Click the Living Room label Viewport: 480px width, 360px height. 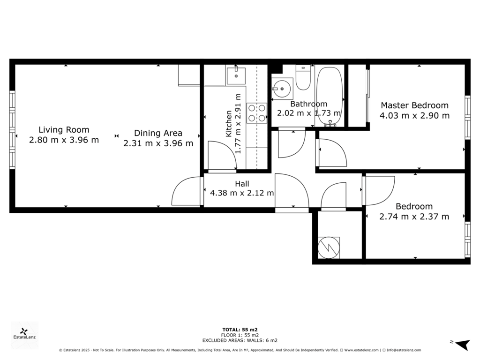pyautogui.click(x=64, y=130)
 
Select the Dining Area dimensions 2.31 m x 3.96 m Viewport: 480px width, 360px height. pyautogui.click(x=158, y=143)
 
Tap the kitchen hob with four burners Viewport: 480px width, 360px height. pyautogui.click(x=257, y=113)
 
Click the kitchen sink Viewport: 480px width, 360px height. pyautogui.click(x=236, y=75)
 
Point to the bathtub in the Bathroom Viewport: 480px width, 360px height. pyautogui.click(x=330, y=97)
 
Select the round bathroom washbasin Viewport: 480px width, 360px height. pyautogui.click(x=282, y=89)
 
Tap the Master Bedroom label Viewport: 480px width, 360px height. pyautogui.click(x=414, y=105)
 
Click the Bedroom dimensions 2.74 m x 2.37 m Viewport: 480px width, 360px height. pyautogui.click(x=414, y=217)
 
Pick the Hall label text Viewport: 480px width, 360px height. pyautogui.click(x=242, y=184)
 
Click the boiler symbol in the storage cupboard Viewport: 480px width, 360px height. pyautogui.click(x=329, y=247)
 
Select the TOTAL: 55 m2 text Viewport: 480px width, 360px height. pyautogui.click(x=240, y=330)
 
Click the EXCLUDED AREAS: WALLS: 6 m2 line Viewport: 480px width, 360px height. pyautogui.click(x=240, y=340)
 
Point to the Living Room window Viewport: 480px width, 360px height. pyautogui.click(x=12, y=130)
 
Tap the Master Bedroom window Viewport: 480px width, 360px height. pyautogui.click(x=467, y=118)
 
